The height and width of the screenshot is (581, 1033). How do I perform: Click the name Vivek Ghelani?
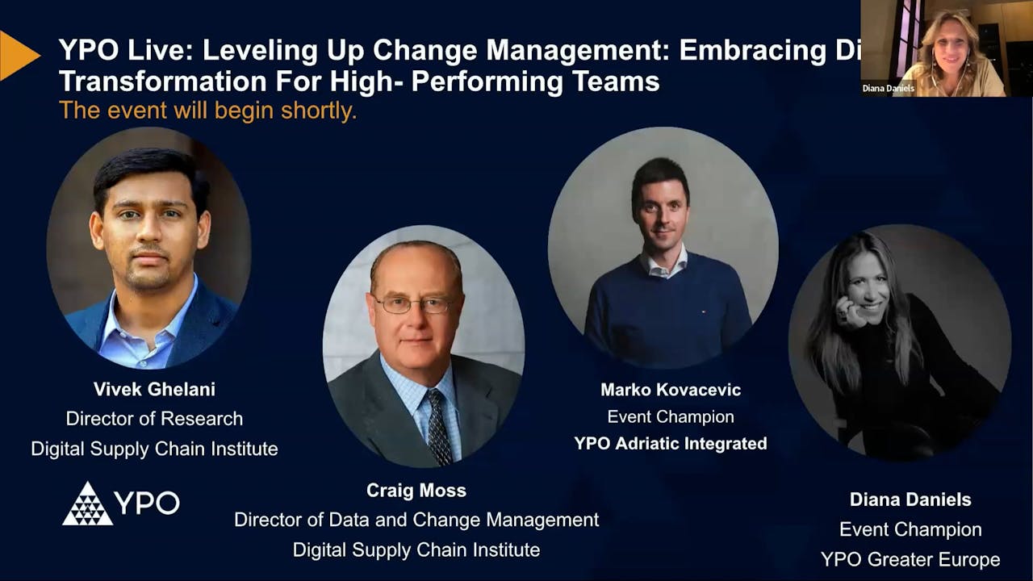point(153,389)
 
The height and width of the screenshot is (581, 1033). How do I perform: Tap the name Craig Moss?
point(416,490)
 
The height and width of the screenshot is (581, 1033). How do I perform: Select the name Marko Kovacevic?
point(670,390)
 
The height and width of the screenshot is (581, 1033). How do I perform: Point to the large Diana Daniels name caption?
point(910,499)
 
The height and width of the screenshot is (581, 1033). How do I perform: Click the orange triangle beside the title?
point(18,55)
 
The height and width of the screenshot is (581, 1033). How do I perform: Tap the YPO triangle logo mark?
point(87,504)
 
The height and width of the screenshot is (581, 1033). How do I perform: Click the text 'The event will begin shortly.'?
point(207,111)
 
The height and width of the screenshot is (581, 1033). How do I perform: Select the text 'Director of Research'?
point(153,419)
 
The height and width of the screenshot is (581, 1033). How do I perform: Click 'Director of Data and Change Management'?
point(416,520)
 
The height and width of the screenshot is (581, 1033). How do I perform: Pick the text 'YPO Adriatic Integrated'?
point(670,443)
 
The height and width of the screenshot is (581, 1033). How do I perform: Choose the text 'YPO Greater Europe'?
point(910,559)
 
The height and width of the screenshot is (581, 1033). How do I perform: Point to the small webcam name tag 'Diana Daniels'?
point(888,89)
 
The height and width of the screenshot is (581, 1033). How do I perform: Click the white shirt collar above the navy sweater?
point(663,263)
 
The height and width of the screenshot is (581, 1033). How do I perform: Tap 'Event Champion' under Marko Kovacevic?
point(670,416)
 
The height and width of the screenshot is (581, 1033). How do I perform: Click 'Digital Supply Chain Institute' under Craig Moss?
point(416,550)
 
